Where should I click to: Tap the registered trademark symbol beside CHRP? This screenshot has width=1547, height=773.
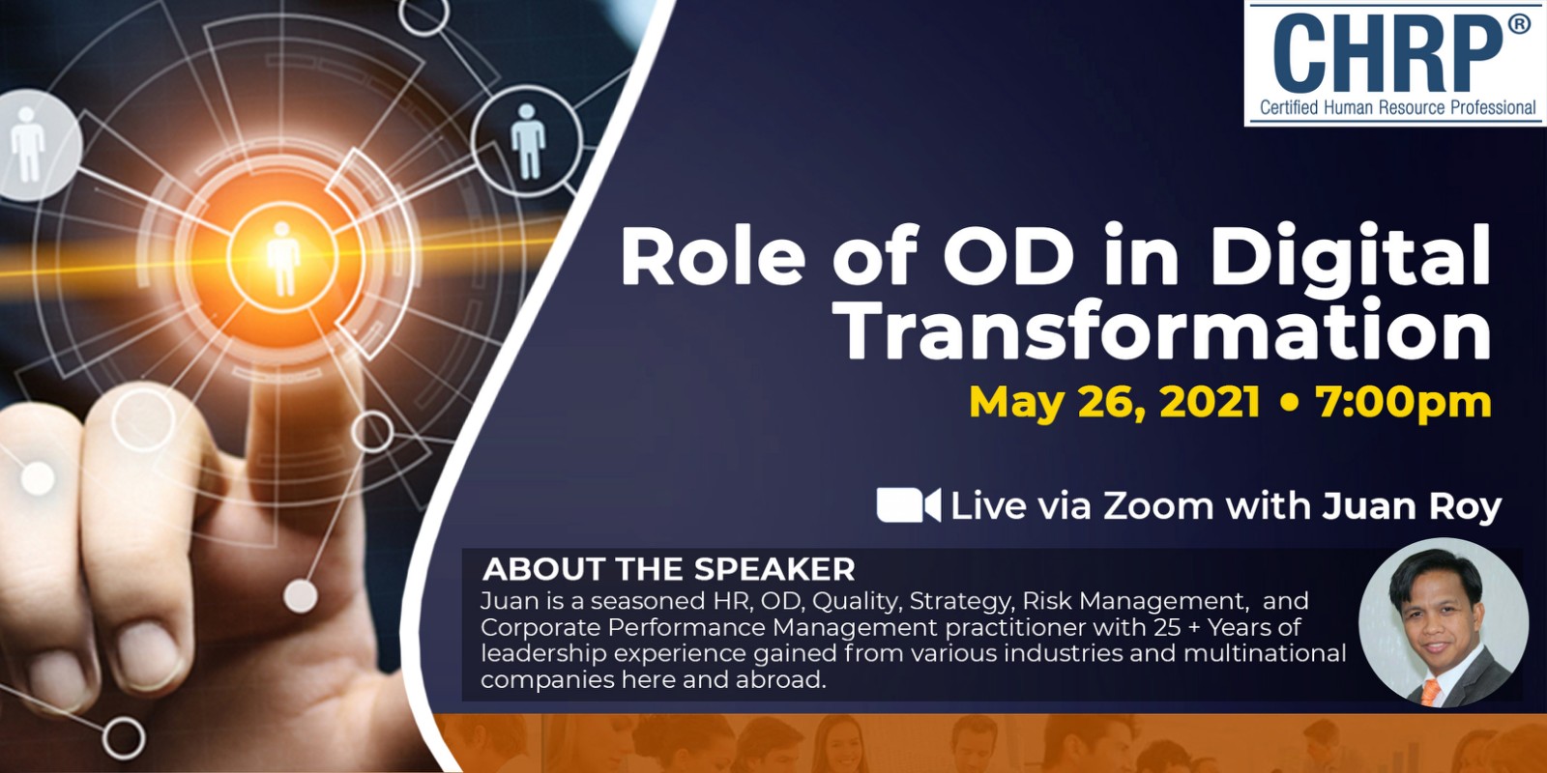pyautogui.click(x=1519, y=25)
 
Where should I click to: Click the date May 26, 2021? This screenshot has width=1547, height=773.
pyautogui.click(x=1115, y=402)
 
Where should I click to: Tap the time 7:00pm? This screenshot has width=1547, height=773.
pyautogui.click(x=1404, y=402)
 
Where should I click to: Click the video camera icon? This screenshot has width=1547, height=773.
pyautogui.click(x=909, y=505)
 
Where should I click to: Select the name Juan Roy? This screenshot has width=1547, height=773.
pyautogui.click(x=1412, y=506)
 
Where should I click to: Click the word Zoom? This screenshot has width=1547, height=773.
pyautogui.click(x=1158, y=506)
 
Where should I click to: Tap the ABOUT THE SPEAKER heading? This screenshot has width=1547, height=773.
pyautogui.click(x=668, y=569)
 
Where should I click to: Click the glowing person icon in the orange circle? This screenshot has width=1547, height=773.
pyautogui.click(x=282, y=258)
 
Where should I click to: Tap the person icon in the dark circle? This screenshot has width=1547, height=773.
pyautogui.click(x=528, y=141)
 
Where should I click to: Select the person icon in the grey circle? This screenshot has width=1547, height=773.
pyautogui.click(x=28, y=144)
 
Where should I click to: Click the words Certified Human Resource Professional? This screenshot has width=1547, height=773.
pyautogui.click(x=1398, y=107)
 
